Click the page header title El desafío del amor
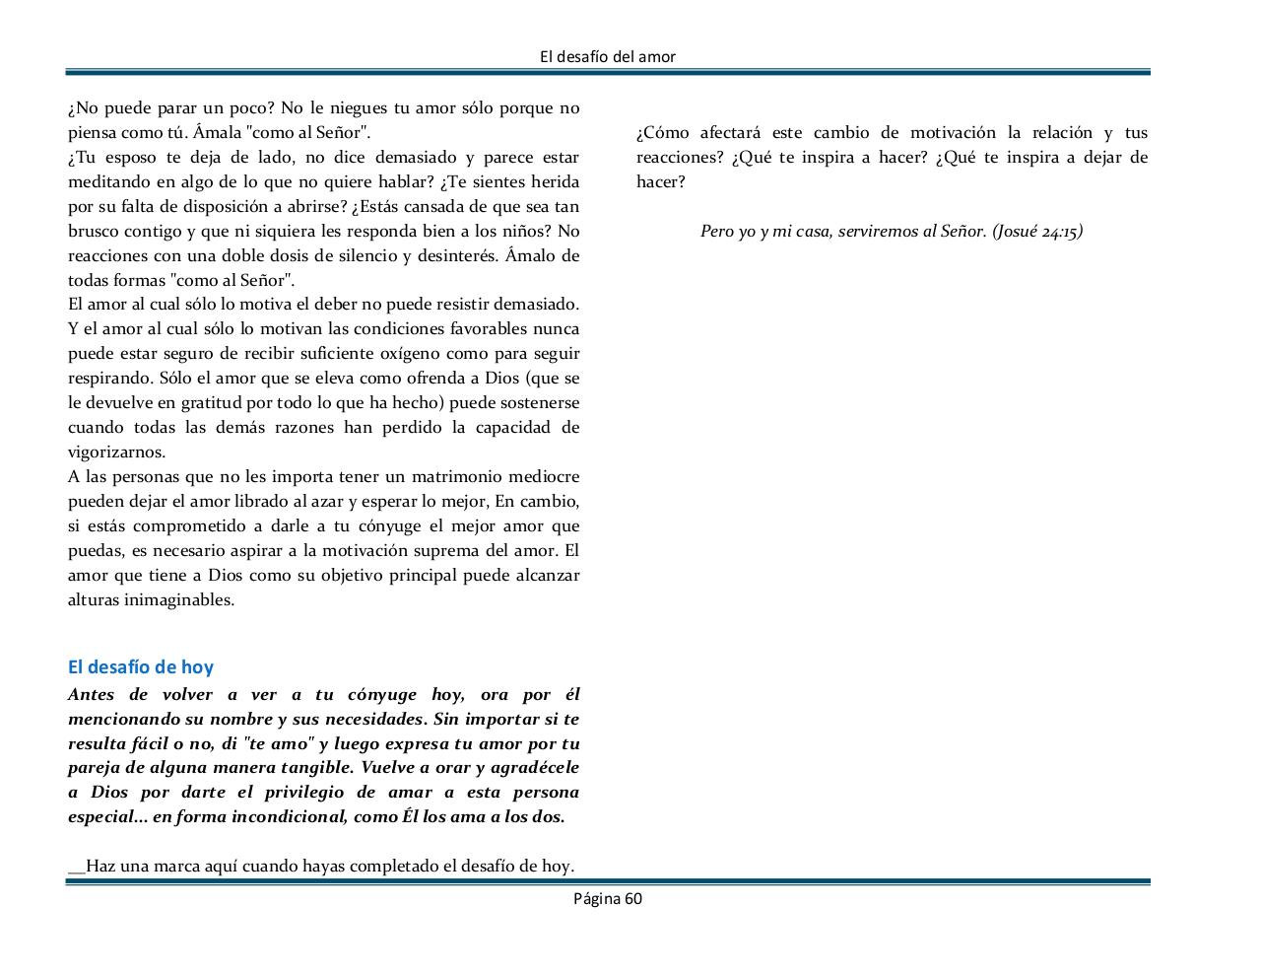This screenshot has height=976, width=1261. click(608, 57)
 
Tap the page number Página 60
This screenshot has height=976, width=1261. click(608, 898)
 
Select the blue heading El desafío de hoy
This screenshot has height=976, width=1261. click(141, 667)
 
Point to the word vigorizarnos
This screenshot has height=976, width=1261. click(116, 453)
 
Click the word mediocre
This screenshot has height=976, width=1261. click(545, 477)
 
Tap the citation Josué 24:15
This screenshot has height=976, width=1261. click(1037, 232)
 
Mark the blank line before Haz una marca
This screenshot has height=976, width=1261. click(77, 869)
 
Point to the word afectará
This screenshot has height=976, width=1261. click(730, 133)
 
